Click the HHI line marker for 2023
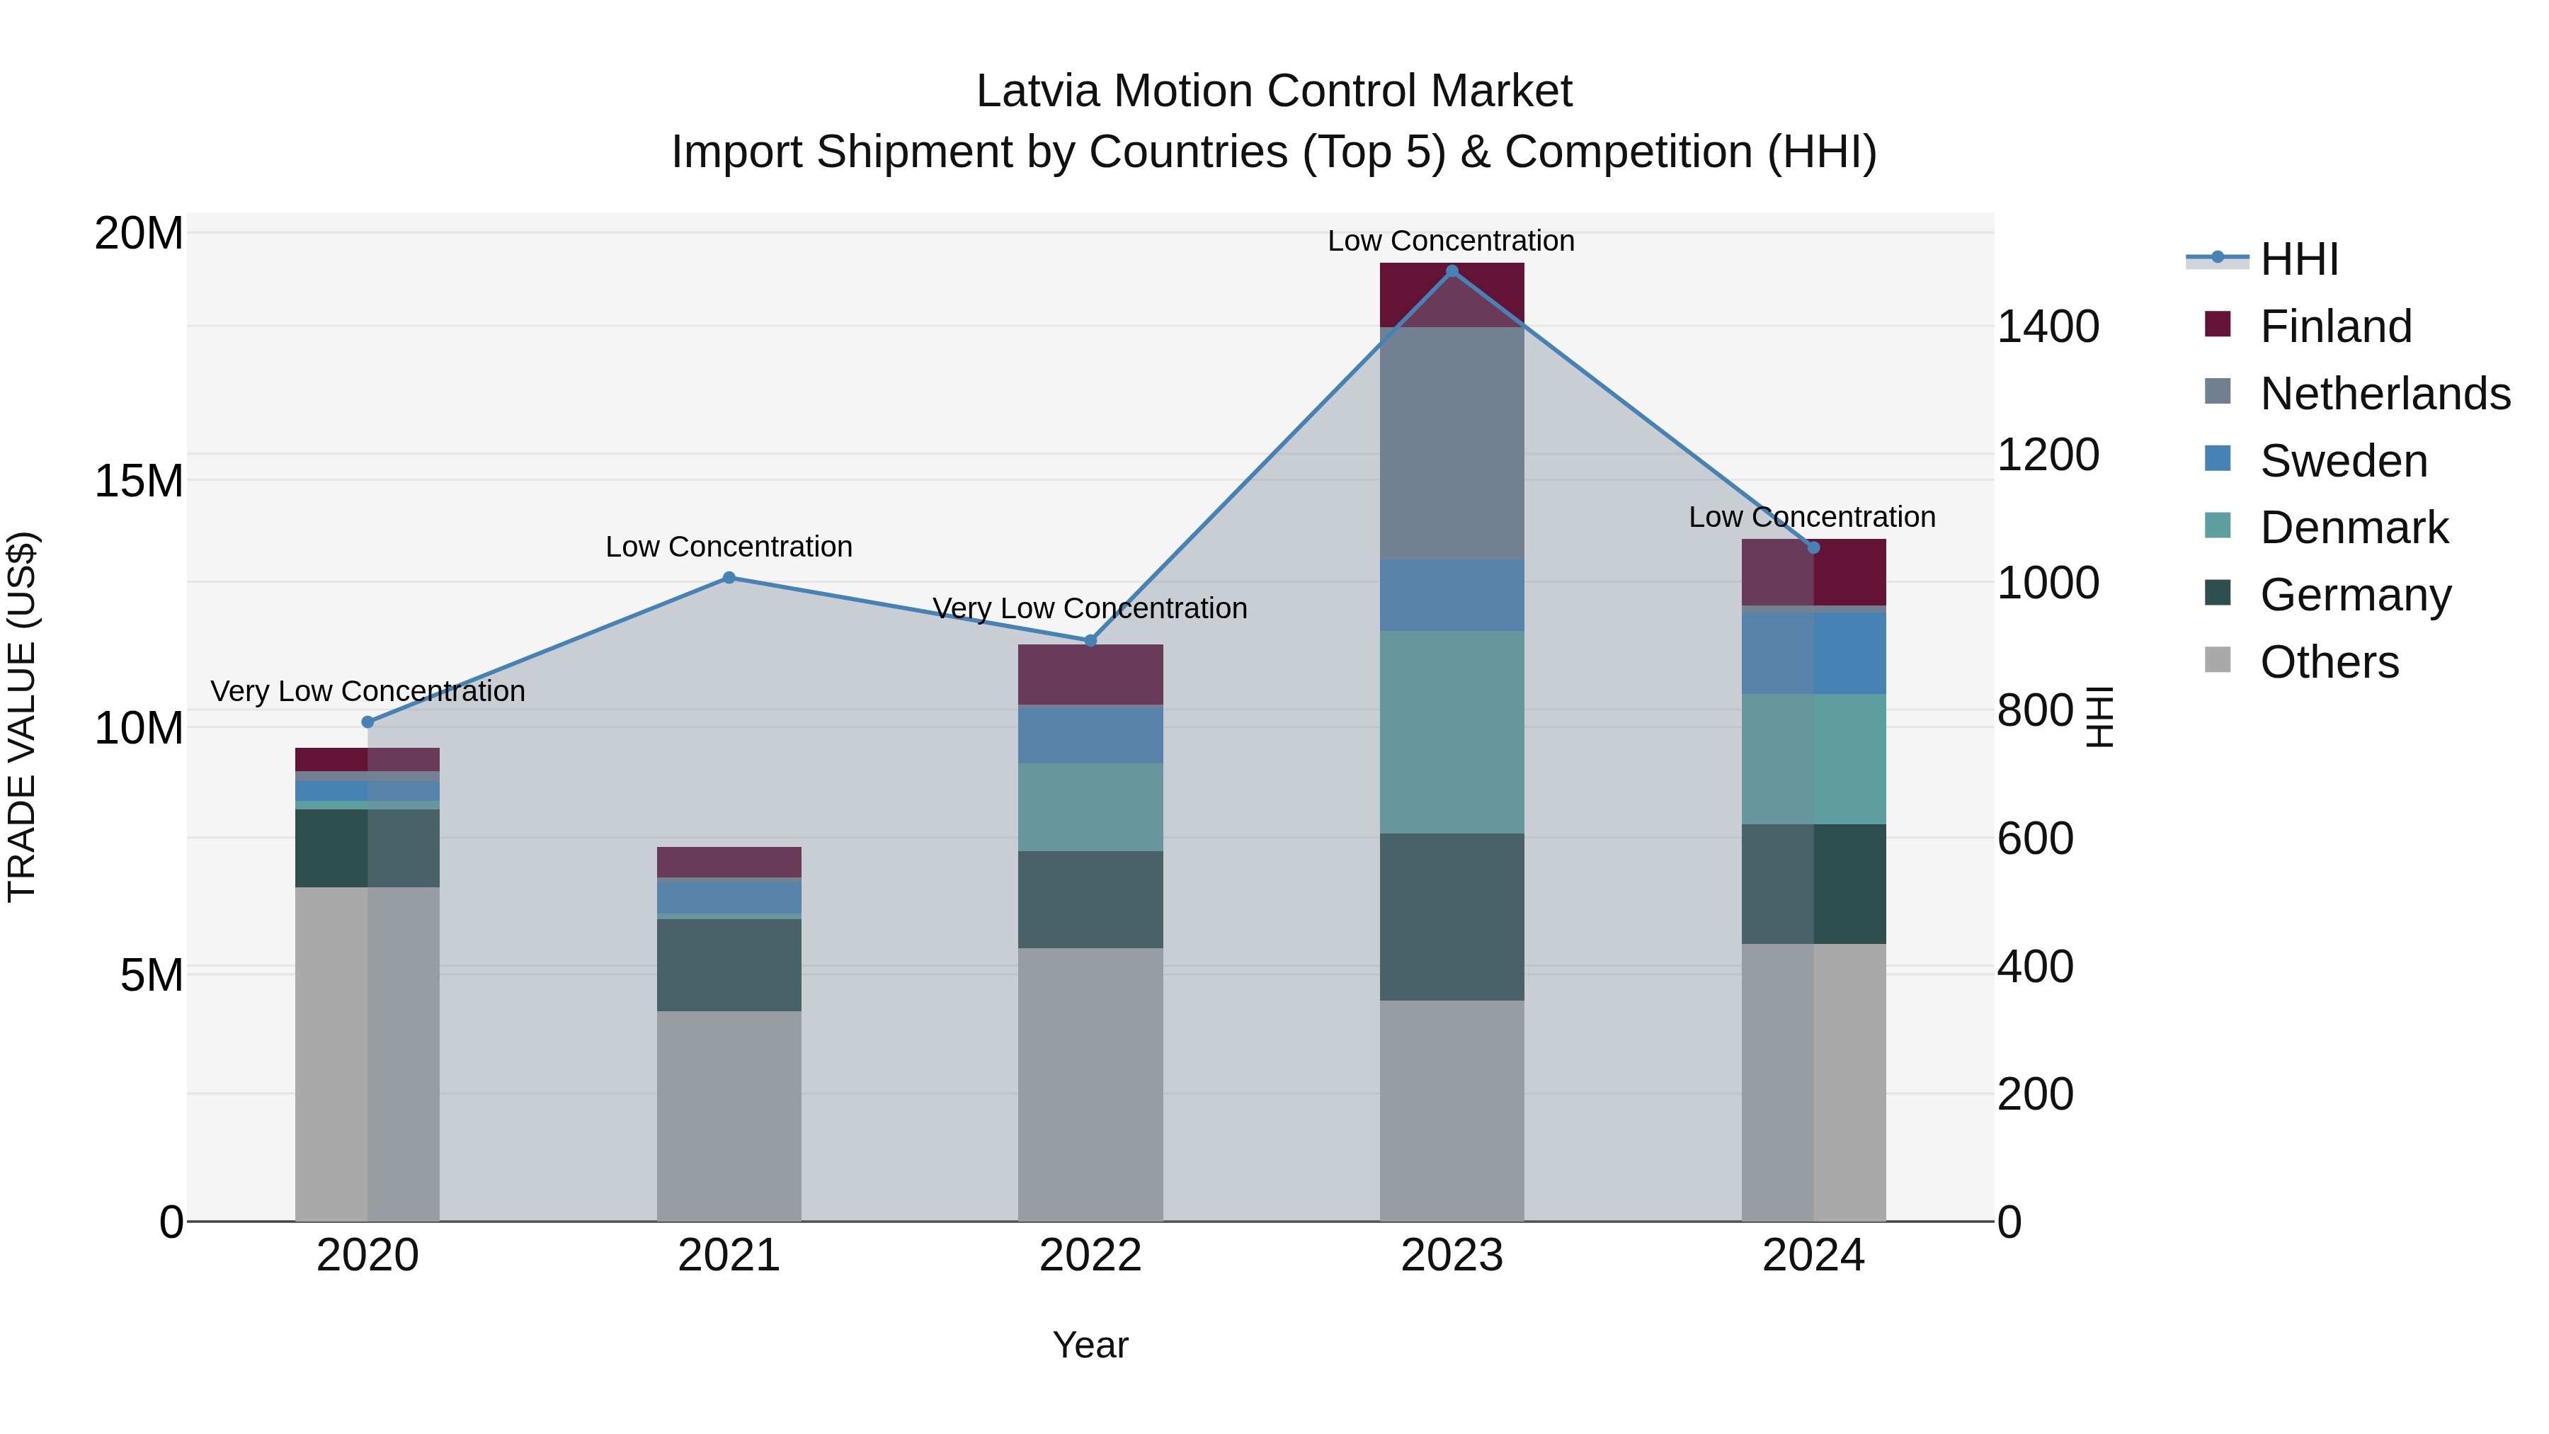1452,271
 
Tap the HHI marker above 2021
729,577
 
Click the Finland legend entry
2335,326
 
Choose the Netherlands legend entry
2385,394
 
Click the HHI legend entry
2298,259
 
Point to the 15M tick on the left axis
139,481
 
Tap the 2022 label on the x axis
1090,1256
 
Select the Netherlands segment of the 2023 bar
1452,443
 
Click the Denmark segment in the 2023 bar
1452,732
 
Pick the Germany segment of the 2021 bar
729,965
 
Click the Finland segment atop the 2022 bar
1090,674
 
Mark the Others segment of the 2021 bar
729,1115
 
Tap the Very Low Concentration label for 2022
1090,608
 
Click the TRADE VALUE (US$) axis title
22,717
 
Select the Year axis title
1090,1345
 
